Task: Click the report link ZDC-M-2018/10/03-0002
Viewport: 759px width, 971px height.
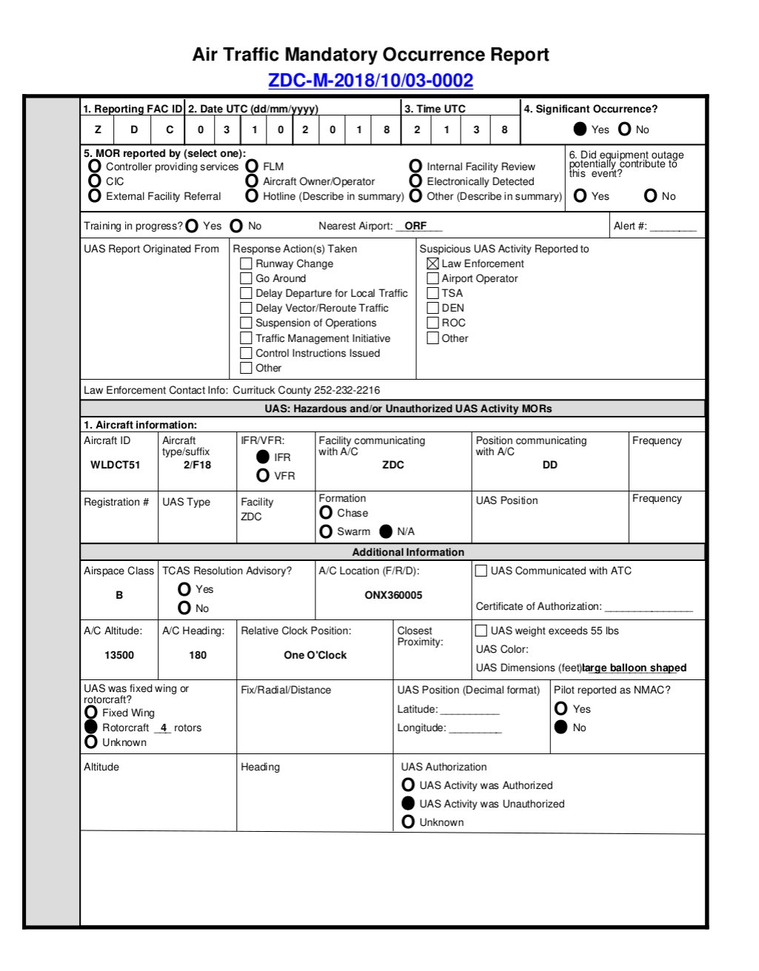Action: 370,81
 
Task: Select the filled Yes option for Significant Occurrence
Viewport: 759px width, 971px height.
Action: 581,130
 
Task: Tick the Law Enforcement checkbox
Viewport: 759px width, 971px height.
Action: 433,263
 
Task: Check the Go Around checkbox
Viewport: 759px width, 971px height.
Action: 247,278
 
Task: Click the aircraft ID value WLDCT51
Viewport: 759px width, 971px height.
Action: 116,465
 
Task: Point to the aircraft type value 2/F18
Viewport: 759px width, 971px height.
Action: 197,465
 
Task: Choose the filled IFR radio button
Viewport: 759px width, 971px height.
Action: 263,457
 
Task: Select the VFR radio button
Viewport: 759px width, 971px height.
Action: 263,475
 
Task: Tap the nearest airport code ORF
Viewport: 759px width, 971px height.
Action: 415,226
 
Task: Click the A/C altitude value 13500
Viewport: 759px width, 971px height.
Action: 119,655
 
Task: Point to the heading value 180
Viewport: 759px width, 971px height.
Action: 198,655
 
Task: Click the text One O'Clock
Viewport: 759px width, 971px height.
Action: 315,655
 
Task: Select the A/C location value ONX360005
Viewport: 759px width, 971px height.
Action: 393,595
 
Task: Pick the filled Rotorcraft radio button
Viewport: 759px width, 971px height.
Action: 91,727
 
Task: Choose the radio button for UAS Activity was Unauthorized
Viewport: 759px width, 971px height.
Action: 408,803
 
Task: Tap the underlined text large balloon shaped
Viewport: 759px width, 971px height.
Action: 635,668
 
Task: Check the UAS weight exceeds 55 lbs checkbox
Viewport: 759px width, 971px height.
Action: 481,631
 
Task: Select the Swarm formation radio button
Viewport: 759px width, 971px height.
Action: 326,531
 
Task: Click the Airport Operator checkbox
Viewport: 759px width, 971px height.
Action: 433,278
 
